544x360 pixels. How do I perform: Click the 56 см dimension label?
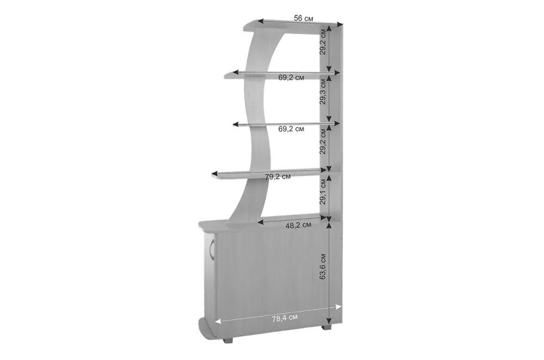pos(303,18)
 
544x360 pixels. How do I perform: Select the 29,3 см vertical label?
pos(323,91)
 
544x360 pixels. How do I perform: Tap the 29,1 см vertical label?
pos(323,191)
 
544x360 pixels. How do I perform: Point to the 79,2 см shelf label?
pos(278,177)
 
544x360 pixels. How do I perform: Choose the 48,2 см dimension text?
pos(298,225)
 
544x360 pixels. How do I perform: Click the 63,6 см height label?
pos(323,266)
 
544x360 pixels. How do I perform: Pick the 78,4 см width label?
pos(285,318)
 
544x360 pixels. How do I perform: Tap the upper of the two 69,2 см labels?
pos(291,77)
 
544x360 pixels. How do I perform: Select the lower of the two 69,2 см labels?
pos(291,129)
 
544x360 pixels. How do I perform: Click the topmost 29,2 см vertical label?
pos(323,42)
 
